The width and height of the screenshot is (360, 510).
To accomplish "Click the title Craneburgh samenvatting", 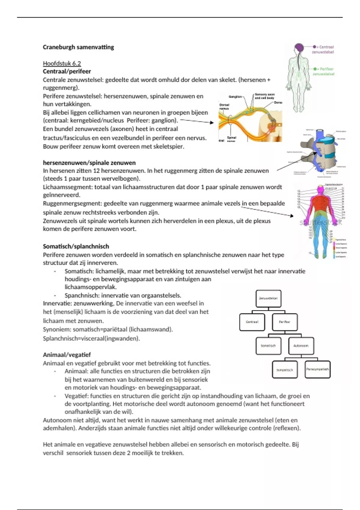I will point(78,47).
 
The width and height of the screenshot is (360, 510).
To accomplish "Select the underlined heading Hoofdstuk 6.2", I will point(62,63).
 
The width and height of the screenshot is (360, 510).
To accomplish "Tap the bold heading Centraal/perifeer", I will point(67,71).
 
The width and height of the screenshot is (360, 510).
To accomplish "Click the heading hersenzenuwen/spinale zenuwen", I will point(89,163).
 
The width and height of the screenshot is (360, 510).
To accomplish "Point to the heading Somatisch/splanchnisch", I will point(76,246).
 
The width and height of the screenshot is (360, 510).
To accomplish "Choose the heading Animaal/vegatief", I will point(67,355).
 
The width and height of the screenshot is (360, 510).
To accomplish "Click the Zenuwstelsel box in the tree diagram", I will point(268,298).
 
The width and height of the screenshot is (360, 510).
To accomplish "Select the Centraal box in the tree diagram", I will point(252,322).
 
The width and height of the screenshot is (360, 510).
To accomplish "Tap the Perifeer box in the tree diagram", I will point(284,322).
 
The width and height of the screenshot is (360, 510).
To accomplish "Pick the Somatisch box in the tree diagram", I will point(268,346).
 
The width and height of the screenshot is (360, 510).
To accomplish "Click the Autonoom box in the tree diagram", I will point(301,346).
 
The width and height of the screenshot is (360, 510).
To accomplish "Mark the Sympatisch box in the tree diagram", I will point(284,370).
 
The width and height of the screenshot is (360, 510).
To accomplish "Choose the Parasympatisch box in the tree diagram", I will point(317,369).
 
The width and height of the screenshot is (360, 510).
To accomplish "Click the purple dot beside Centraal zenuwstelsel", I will point(314,47).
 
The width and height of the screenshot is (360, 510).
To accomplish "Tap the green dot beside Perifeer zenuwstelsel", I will point(315,69).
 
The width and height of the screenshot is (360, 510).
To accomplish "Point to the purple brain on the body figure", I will point(299,48).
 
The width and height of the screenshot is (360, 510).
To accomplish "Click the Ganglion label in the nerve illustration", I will point(235,97).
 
